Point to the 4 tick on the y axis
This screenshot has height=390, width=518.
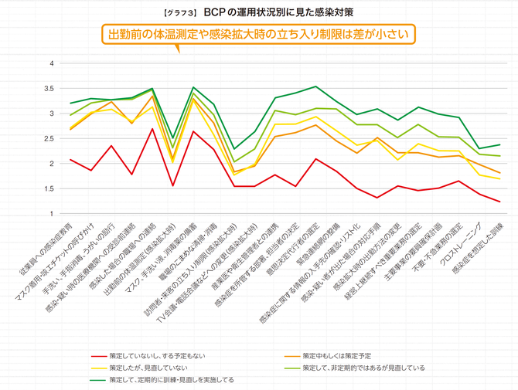click(52, 63)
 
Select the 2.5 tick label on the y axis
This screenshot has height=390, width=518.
click(49, 139)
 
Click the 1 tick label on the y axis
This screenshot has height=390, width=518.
click(52, 214)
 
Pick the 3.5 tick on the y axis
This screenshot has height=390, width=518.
click(49, 89)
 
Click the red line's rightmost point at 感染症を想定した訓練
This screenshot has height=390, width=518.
click(499, 202)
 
